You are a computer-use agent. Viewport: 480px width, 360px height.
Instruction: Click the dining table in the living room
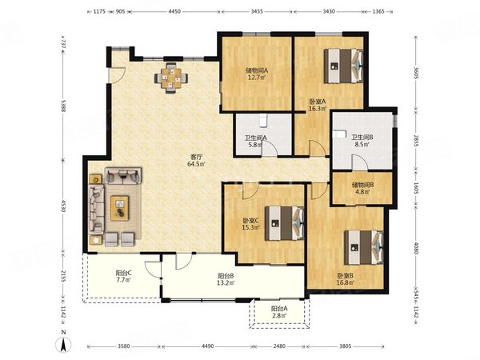pos(171,78)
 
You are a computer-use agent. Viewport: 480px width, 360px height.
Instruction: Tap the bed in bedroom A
pos(343,66)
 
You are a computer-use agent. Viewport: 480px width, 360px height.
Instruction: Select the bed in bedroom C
pos(284,223)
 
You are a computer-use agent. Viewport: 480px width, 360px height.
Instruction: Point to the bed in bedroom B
pos(364,247)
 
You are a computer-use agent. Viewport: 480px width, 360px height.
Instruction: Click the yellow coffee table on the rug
pos(119,208)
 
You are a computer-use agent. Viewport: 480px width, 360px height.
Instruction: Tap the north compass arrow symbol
pos(63,345)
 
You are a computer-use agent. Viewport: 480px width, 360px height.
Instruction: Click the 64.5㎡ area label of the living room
pos(196,164)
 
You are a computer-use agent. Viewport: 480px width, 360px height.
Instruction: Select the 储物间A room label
pos(257,70)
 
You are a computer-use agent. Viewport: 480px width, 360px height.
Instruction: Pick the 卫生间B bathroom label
pos(362,138)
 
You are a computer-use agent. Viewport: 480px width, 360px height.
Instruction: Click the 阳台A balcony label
pos(279,309)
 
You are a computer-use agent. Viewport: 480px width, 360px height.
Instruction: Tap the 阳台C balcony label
pos(124,273)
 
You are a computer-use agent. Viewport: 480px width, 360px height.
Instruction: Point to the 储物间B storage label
pos(362,185)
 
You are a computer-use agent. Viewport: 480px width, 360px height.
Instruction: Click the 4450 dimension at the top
pos(174,12)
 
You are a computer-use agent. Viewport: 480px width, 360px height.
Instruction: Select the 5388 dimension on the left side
pos(62,106)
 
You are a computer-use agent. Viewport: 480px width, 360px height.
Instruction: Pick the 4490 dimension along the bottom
pos(207,346)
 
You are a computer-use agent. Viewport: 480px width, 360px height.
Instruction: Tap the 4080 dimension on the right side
pos(416,248)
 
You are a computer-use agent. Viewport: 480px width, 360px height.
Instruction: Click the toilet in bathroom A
pos(263,120)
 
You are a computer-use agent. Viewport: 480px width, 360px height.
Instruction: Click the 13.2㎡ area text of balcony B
pos(226,283)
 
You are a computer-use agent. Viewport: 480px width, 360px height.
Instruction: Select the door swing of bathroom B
pos(360,162)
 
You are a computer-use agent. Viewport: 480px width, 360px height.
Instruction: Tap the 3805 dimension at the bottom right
pos(346,346)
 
